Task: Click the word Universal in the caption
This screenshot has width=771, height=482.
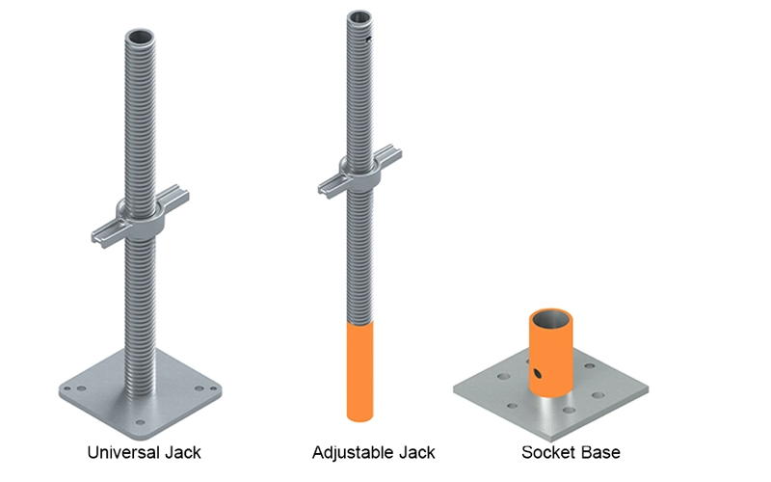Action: click(x=123, y=452)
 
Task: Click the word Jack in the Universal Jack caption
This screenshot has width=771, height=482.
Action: click(x=183, y=452)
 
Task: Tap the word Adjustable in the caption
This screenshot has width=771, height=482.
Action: click(x=353, y=452)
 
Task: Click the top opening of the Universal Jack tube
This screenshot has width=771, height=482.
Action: click(x=140, y=38)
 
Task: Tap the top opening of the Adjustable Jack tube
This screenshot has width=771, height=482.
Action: click(x=359, y=16)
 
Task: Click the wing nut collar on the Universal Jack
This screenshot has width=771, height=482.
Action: click(x=140, y=216)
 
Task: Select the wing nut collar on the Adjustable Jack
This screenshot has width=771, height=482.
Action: click(x=359, y=173)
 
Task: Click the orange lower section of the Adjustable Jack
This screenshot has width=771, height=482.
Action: click(x=359, y=371)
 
